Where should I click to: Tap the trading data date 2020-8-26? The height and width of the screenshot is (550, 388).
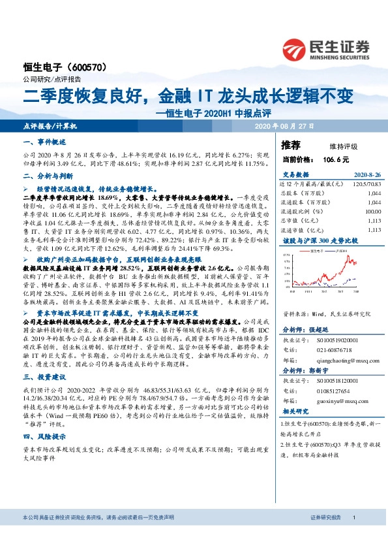[x=365, y=174]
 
